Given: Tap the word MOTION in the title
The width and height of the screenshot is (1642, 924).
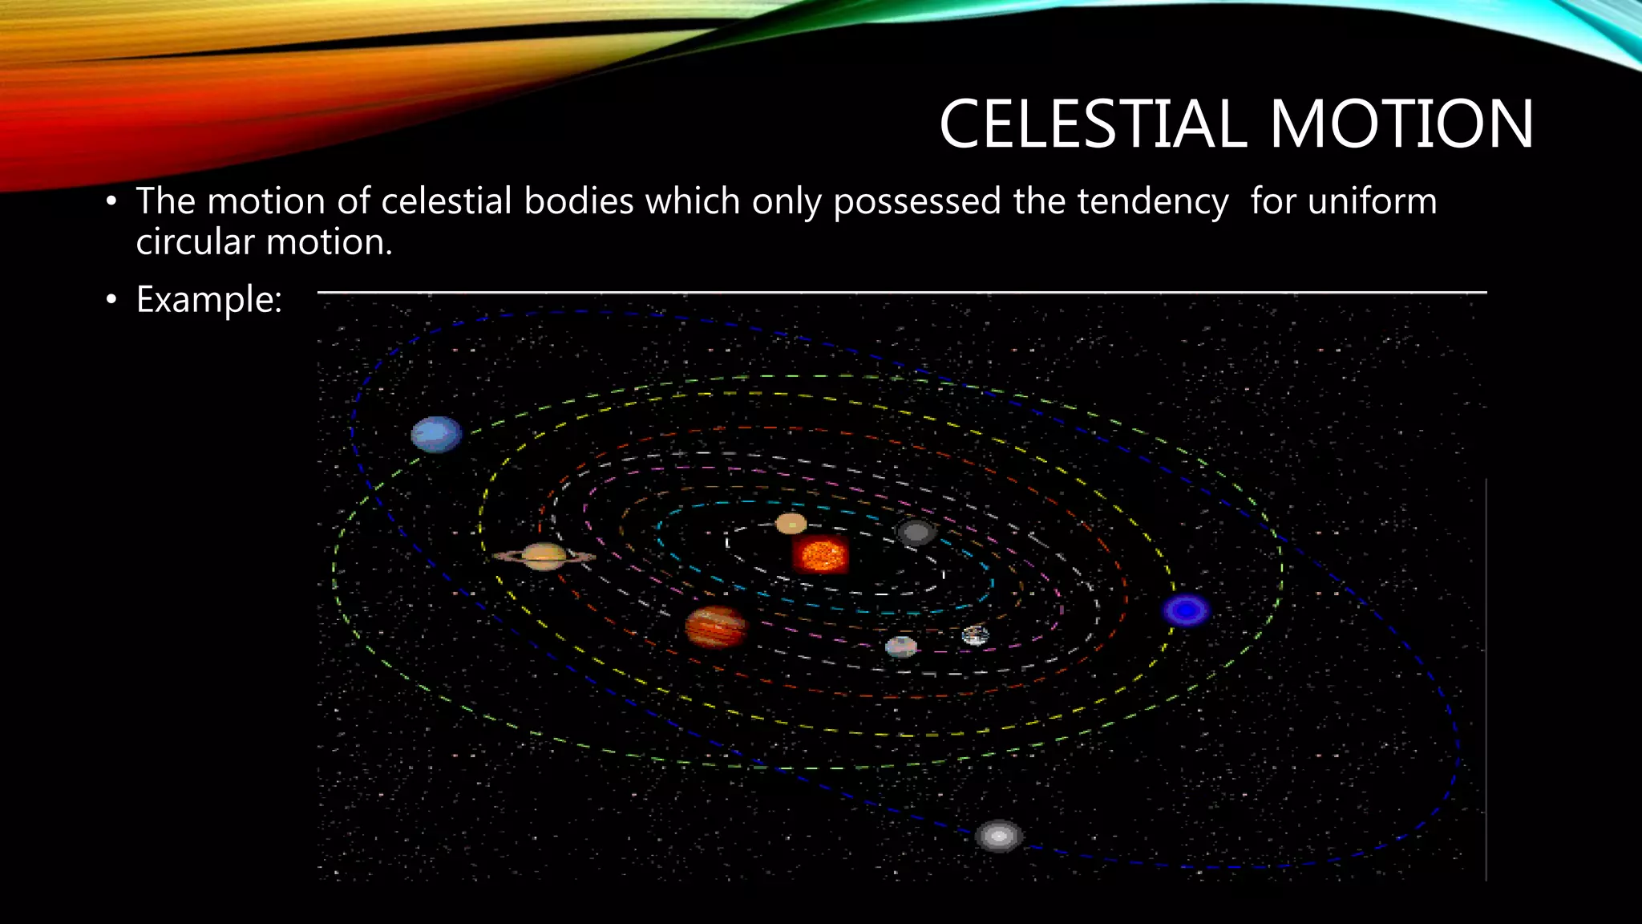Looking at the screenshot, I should pyautogui.click(x=1401, y=124).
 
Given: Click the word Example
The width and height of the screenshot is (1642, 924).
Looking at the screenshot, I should pyautogui.click(x=208, y=300).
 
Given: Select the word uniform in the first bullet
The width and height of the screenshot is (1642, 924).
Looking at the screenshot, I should pyautogui.click(x=1372, y=201).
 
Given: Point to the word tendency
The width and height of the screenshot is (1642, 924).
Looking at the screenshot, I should pyautogui.click(x=1152, y=202).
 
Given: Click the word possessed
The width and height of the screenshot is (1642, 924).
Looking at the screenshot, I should pyautogui.click(x=916, y=202).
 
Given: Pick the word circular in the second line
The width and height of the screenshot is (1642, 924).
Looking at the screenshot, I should pyautogui.click(x=194, y=242).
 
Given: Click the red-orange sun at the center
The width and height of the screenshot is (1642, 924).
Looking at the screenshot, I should pyautogui.click(x=820, y=554).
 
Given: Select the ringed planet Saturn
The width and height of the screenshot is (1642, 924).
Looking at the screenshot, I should pyautogui.click(x=544, y=556).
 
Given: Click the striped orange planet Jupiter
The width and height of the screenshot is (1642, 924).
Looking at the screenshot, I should pyautogui.click(x=716, y=626).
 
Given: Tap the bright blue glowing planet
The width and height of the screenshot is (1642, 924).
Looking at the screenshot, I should pyautogui.click(x=1187, y=610).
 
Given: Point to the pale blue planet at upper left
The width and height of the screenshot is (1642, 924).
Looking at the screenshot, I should pyautogui.click(x=436, y=435).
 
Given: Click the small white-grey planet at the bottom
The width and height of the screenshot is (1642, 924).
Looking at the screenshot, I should pyautogui.click(x=998, y=836).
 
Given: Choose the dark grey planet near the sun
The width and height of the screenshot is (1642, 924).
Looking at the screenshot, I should pyautogui.click(x=916, y=532).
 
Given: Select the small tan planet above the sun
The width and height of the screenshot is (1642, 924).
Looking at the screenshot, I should pyautogui.click(x=791, y=524).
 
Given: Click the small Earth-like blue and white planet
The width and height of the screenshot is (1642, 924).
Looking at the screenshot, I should pyautogui.click(x=975, y=636).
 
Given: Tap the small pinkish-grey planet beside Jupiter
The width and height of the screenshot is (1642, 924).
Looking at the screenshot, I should pyautogui.click(x=901, y=646).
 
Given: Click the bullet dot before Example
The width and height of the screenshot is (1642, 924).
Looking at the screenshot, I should pyautogui.click(x=111, y=301).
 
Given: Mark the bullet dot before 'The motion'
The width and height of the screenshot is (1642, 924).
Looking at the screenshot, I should pyautogui.click(x=111, y=201).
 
